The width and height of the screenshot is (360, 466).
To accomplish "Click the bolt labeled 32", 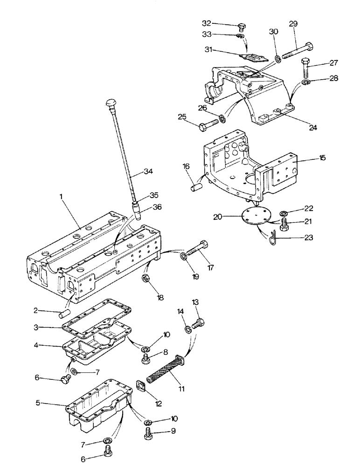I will (241, 27).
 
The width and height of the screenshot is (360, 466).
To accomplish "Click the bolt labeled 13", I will (199, 321).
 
